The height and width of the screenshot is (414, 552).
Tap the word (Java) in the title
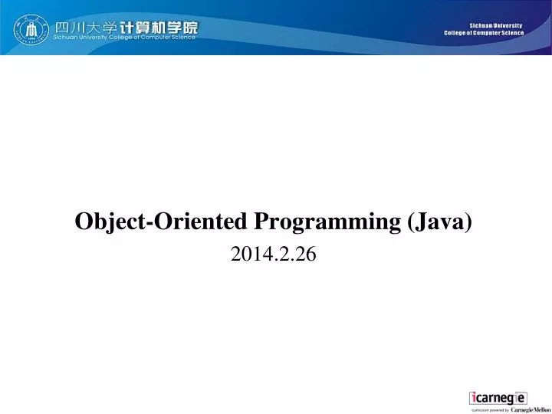tap(441, 222)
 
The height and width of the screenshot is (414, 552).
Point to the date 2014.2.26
tap(273, 256)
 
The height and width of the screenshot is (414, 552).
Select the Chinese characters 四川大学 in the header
tap(84, 27)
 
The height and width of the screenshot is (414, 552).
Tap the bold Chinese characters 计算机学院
tap(157, 27)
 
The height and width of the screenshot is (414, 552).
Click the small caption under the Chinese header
tap(124, 38)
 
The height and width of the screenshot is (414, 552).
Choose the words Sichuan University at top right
tap(495, 25)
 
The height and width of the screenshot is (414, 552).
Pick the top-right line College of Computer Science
tap(484, 33)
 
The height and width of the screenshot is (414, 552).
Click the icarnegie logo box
tap(498, 398)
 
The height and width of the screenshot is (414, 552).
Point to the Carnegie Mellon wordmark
tap(531, 409)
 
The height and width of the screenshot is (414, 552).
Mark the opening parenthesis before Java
tap(412, 222)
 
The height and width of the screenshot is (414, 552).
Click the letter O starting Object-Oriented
tap(82, 222)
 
